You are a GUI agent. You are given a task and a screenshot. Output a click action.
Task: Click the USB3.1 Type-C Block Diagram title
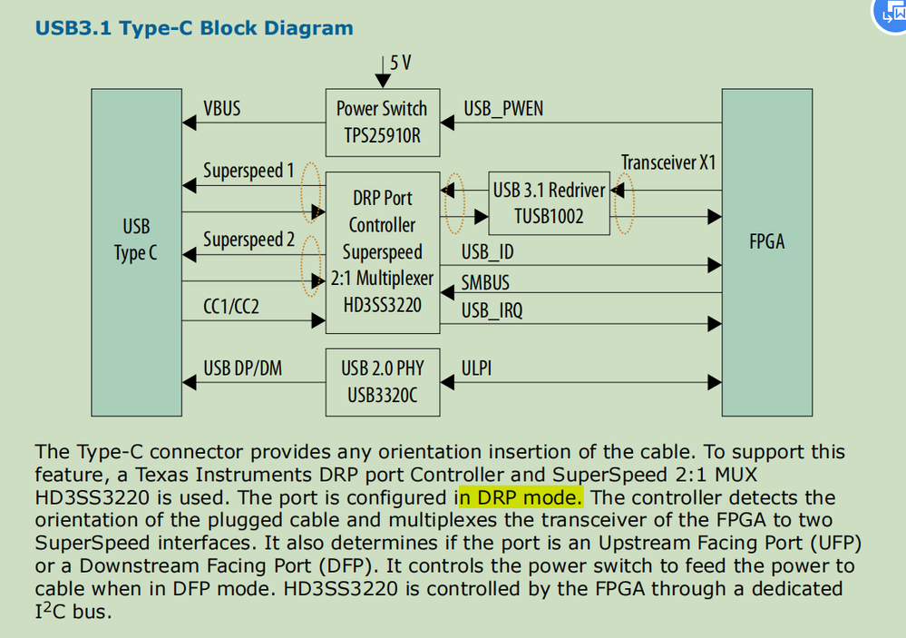tap(193, 27)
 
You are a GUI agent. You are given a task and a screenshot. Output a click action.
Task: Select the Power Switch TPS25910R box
tap(381, 123)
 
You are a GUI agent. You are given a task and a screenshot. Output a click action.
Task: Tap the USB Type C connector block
tap(135, 240)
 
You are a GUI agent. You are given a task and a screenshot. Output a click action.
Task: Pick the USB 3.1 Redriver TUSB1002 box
tap(549, 203)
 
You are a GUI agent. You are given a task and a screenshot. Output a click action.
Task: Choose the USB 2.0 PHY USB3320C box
tap(381, 381)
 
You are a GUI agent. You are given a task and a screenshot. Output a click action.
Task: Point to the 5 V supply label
tap(399, 63)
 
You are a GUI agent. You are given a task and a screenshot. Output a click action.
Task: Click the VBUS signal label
tap(222, 108)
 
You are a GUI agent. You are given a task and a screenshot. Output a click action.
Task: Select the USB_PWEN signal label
tap(503, 109)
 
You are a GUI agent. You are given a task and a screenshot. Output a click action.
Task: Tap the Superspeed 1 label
tap(248, 171)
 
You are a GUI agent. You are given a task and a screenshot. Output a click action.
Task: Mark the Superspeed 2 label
tap(248, 240)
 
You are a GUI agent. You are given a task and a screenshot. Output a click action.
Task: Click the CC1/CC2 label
tap(231, 307)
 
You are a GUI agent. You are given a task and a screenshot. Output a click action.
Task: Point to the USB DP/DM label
tap(242, 368)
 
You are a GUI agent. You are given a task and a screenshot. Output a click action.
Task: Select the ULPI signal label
tap(477, 368)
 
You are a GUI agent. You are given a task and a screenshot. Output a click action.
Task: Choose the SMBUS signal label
tap(485, 283)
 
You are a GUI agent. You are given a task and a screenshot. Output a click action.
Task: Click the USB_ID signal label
tap(487, 251)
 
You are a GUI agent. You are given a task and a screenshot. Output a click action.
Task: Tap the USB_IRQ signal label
tap(492, 311)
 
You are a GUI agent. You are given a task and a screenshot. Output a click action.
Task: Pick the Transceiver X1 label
tap(668, 162)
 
